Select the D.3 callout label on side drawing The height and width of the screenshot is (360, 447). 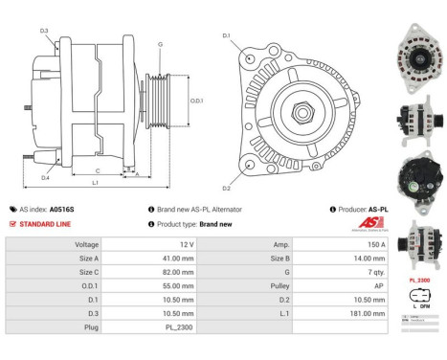click(44, 32)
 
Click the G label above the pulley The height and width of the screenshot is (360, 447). click(160, 44)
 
